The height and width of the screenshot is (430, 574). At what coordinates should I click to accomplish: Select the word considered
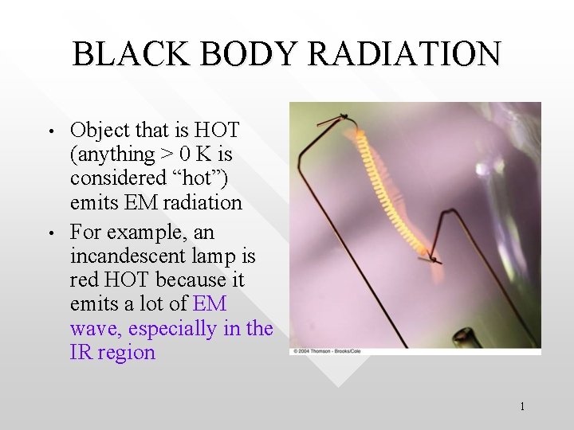tap(120, 178)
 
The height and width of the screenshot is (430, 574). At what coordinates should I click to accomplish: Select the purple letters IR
tap(81, 353)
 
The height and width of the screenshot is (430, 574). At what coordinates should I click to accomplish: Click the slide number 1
tap(521, 407)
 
